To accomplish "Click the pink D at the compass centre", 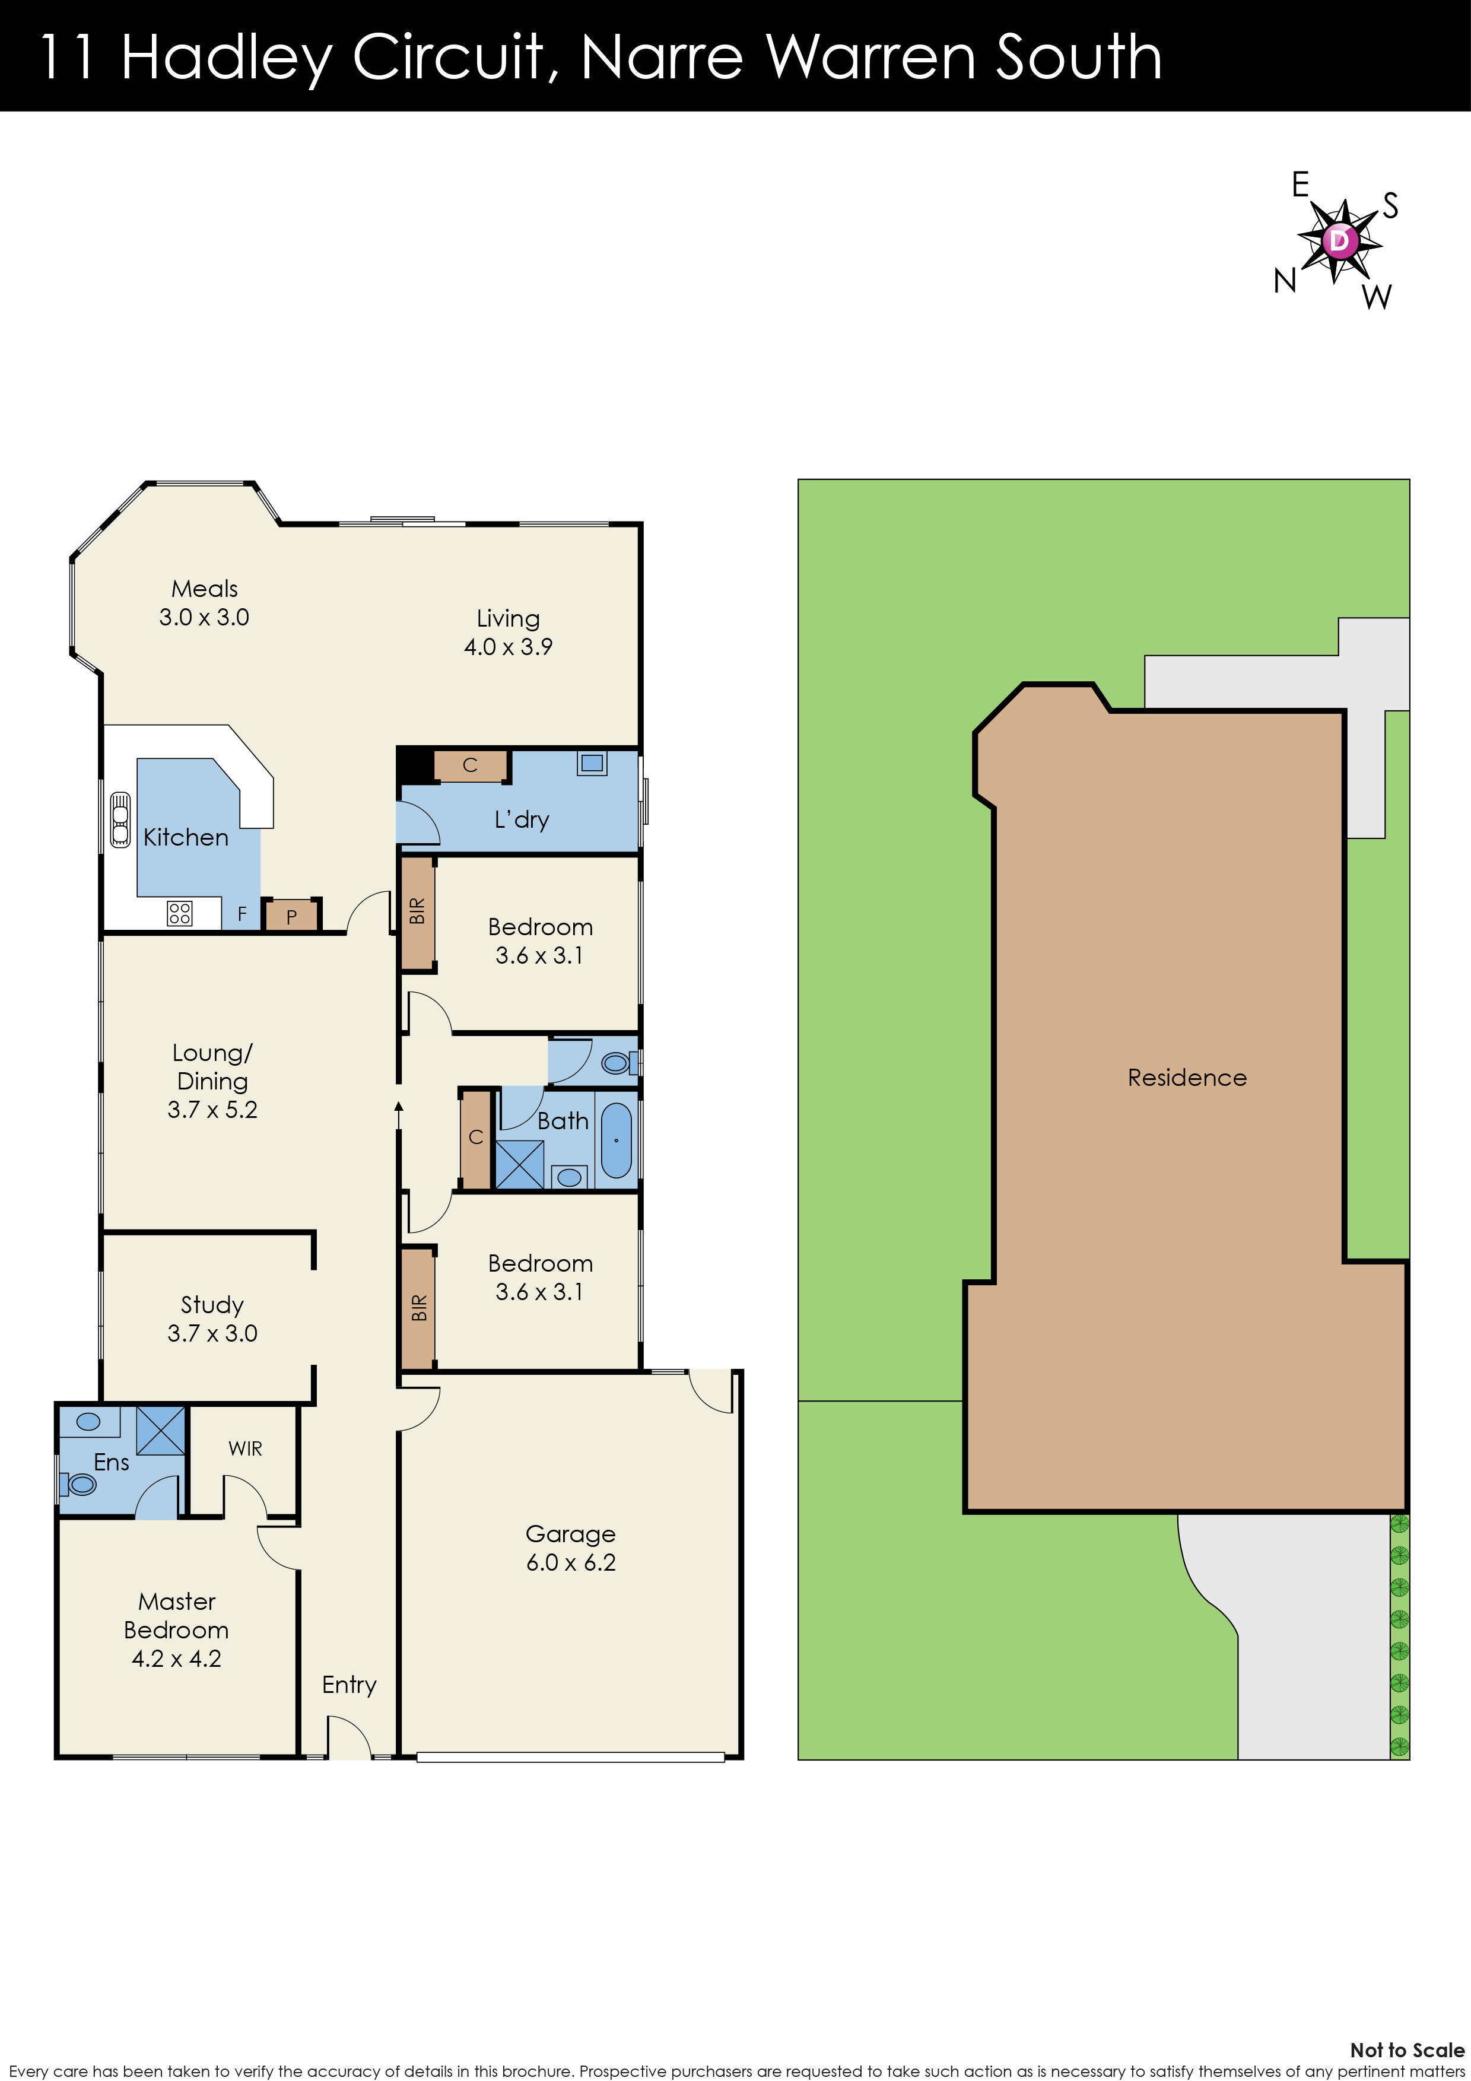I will (x=1339, y=241).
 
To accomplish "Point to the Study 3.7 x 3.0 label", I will (x=212, y=1318).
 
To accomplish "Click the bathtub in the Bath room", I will (x=617, y=1140).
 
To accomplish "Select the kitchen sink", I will (x=120, y=820).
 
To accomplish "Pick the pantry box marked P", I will (x=291, y=916).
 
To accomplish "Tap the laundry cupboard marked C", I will (x=469, y=765).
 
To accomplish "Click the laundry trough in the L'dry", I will (x=592, y=763).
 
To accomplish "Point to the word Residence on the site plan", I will (x=1186, y=1077).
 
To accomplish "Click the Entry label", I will (x=349, y=1684).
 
